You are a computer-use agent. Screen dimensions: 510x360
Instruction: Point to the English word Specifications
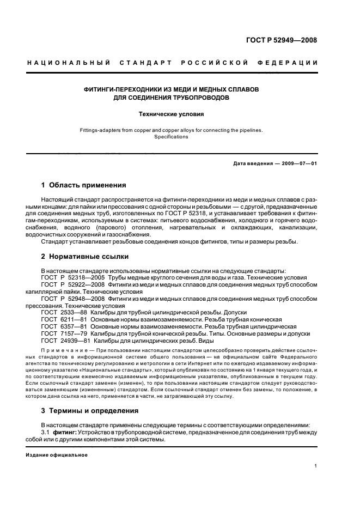click(x=170, y=137)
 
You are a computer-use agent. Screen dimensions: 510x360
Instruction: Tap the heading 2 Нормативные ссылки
click(x=84, y=256)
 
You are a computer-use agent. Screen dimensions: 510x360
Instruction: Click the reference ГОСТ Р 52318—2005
click(x=68, y=277)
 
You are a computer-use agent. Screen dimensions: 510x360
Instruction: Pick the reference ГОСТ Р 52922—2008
click(x=68, y=284)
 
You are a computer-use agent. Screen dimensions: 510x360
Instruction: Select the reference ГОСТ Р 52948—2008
click(x=68, y=299)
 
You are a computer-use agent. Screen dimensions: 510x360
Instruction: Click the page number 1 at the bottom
click(x=316, y=466)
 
